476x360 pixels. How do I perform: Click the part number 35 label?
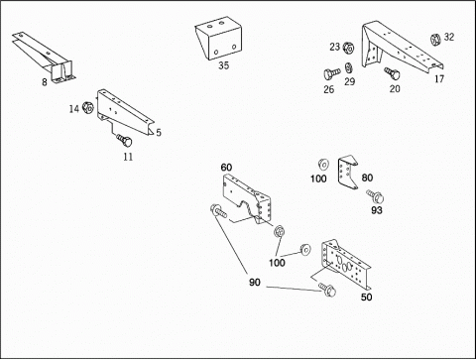(x=224, y=65)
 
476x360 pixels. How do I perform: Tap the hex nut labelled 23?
(x=348, y=48)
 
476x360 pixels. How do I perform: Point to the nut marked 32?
(x=435, y=40)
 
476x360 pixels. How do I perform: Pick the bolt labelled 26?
(x=332, y=73)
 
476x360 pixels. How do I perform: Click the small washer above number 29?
(x=348, y=67)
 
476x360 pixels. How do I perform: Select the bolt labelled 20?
(x=392, y=73)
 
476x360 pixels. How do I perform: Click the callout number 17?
(x=439, y=79)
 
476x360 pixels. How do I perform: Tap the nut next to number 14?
(x=88, y=108)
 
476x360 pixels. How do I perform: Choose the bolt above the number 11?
(x=124, y=140)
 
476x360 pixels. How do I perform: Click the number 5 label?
(x=159, y=133)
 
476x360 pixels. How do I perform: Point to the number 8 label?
(x=45, y=82)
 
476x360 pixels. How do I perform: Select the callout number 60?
(x=226, y=168)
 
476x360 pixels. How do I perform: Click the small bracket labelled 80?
(x=348, y=172)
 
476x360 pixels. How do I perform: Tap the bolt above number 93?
(x=375, y=196)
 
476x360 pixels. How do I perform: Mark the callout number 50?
(x=366, y=297)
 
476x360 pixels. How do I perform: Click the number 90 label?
(x=255, y=282)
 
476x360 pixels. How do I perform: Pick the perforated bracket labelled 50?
(x=345, y=265)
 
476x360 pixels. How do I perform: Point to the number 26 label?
(x=329, y=89)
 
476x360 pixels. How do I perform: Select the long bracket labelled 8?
(x=45, y=57)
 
